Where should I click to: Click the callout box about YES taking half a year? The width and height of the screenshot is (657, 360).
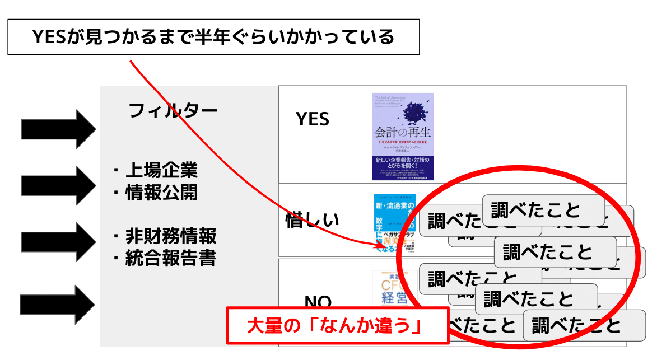click(x=213, y=38)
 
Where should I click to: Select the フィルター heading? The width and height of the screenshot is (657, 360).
click(x=173, y=110)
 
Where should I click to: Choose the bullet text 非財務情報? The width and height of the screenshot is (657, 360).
click(x=170, y=236)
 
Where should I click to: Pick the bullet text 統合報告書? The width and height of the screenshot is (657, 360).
click(x=170, y=258)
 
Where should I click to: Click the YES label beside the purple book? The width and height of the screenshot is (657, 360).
click(x=313, y=119)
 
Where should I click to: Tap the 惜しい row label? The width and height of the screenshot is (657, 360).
click(x=312, y=220)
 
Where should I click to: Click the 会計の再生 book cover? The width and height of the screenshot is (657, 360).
click(x=403, y=136)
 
